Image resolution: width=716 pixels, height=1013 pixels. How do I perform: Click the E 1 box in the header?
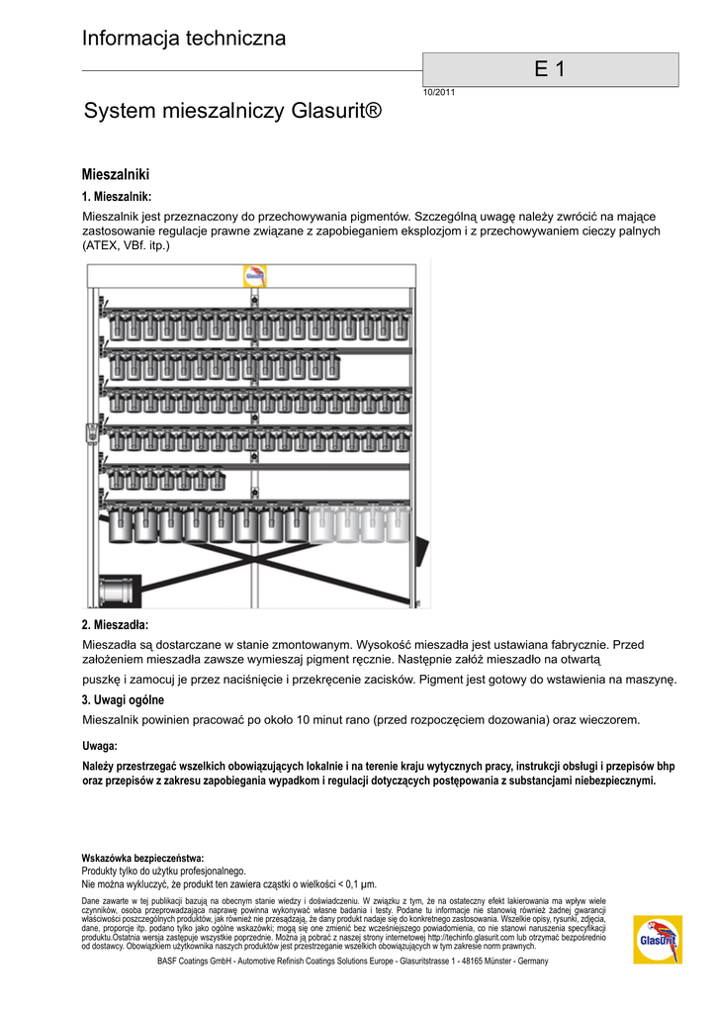[x=550, y=69]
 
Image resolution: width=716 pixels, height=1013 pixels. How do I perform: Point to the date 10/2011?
[x=438, y=92]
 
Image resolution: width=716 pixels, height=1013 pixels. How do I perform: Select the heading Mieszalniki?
[x=115, y=174]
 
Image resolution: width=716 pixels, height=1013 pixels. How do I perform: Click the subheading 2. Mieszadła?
[x=115, y=624]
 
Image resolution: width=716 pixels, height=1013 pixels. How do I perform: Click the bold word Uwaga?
[x=100, y=746]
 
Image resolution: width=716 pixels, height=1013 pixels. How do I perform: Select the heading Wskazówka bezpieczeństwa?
[x=142, y=858]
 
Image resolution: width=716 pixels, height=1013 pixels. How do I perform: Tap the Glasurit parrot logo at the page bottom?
[x=658, y=926]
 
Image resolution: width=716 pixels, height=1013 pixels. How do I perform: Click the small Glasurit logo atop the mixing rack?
[x=255, y=275]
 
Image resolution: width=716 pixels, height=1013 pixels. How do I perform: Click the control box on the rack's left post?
[x=92, y=432]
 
